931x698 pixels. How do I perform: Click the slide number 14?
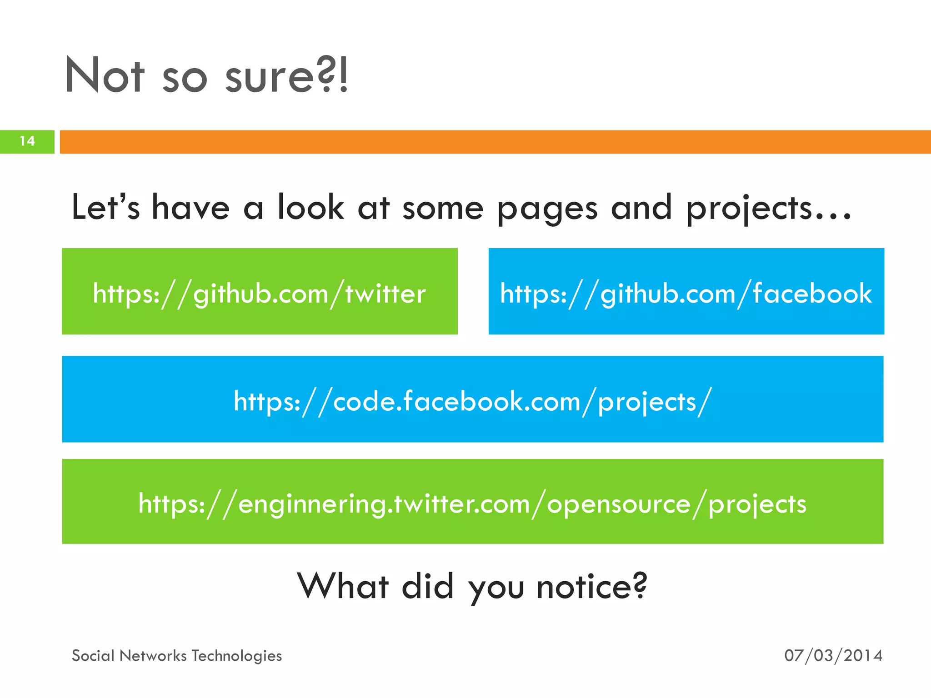point(27,141)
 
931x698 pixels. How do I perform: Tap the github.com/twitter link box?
point(260,292)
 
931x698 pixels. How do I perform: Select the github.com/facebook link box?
point(686,292)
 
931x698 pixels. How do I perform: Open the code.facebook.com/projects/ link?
point(473,399)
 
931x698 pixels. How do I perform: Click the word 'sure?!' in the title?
point(286,76)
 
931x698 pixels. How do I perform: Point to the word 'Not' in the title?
point(105,76)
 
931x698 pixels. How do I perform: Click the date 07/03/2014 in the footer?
point(833,656)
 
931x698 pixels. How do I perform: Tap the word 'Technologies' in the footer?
point(236,656)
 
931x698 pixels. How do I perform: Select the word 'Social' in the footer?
point(93,656)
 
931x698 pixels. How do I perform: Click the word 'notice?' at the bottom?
point(591,586)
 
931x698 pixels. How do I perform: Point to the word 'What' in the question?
point(343,586)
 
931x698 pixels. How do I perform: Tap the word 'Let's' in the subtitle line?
point(105,207)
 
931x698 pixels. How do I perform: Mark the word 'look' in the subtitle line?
point(310,207)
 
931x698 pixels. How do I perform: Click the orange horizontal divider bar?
point(495,142)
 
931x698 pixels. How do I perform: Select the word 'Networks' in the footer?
point(153,656)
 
